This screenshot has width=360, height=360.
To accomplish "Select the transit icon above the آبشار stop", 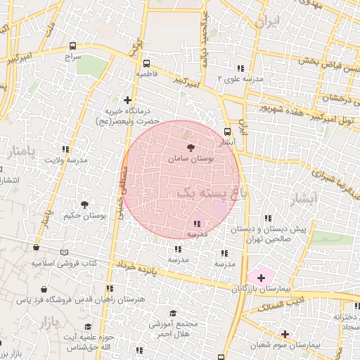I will [227, 131].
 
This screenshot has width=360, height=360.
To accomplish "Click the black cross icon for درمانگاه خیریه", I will [127, 100].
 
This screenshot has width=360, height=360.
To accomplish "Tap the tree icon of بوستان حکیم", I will [84, 205].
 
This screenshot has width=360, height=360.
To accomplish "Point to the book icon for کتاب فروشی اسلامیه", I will [65, 251].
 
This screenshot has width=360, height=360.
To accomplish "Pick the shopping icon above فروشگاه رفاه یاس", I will [44, 289].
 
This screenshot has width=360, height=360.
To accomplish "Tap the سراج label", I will [73, 55].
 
